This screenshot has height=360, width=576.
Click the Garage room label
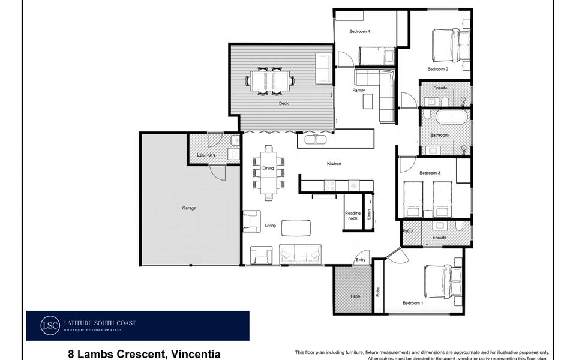point(189,208)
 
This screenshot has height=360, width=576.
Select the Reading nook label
point(352,216)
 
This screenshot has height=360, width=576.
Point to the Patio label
point(356,296)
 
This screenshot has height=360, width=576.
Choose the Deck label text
point(284,103)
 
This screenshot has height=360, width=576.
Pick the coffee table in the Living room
point(296,227)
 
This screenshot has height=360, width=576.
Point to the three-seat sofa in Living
point(301,254)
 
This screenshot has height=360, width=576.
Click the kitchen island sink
point(315,140)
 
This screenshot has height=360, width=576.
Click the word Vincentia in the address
point(196,354)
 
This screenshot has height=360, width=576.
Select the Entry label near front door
point(361,260)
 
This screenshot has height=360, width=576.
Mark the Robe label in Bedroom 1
point(378,292)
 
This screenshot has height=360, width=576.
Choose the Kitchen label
point(334,164)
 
